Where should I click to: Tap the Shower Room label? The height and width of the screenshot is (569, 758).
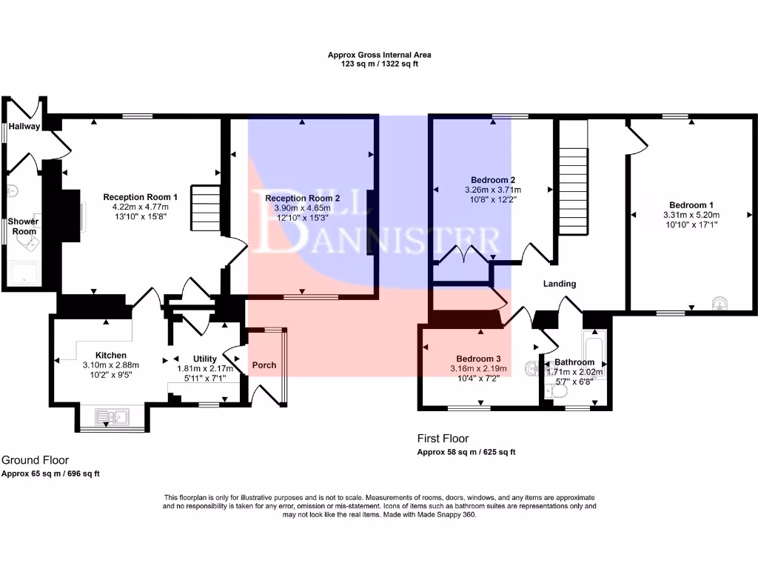coord(23,226)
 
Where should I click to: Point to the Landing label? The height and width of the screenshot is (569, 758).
coord(559,284)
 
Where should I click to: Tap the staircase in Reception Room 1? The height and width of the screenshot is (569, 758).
coord(207,210)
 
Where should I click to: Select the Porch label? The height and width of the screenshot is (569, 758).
coord(264,365)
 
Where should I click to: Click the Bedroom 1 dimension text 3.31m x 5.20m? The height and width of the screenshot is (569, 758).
coord(691,215)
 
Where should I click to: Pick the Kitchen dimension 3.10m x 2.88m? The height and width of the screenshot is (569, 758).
coord(111,365)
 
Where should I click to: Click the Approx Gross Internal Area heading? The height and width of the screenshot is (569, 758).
coord(379,55)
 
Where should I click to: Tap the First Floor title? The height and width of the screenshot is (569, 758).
coord(443,439)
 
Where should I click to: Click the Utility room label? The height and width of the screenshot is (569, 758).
coord(205,359)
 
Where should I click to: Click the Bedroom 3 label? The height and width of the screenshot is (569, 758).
coord(478,359)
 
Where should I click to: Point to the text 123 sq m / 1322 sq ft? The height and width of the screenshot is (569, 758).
coord(379,64)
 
